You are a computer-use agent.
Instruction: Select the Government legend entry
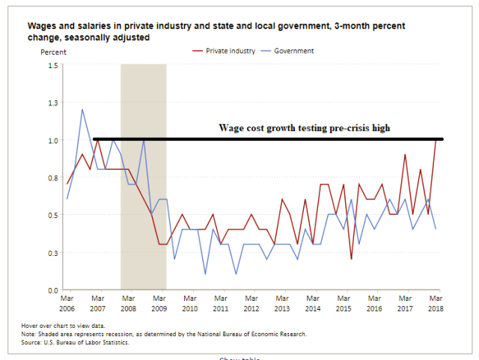293,51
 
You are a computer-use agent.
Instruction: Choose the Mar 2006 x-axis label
67,304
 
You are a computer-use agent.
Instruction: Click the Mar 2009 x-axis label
160,304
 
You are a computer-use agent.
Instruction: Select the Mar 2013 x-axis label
282,304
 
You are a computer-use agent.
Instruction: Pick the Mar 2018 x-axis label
436,304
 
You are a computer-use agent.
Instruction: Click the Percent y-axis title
54,52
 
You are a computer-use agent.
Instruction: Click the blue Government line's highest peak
82,110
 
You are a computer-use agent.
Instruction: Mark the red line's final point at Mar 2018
436,140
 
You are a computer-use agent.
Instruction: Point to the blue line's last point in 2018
436,228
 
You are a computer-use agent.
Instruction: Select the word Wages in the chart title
43,26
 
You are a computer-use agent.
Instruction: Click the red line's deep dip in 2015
351,259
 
